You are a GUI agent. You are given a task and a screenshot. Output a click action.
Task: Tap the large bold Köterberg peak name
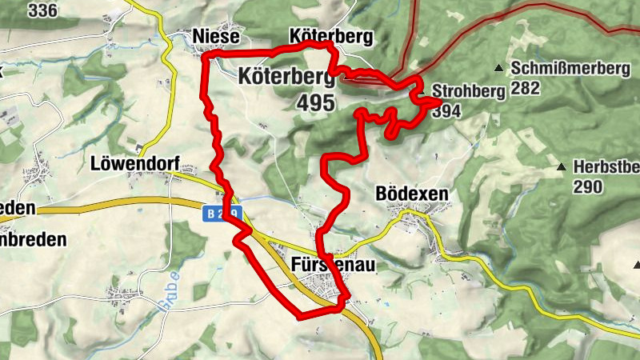(285, 77)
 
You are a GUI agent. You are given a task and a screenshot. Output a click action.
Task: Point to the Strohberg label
(468, 91)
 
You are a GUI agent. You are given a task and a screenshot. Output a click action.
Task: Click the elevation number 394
(446, 111)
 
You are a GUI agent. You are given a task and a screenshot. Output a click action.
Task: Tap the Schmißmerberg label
(574, 68)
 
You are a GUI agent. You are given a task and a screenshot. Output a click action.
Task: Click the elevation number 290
(588, 186)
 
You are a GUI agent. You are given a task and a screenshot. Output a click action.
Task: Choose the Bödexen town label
(412, 194)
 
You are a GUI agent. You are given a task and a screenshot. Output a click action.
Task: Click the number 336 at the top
(43, 10)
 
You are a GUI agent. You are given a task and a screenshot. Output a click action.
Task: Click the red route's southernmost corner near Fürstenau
(298, 317)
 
